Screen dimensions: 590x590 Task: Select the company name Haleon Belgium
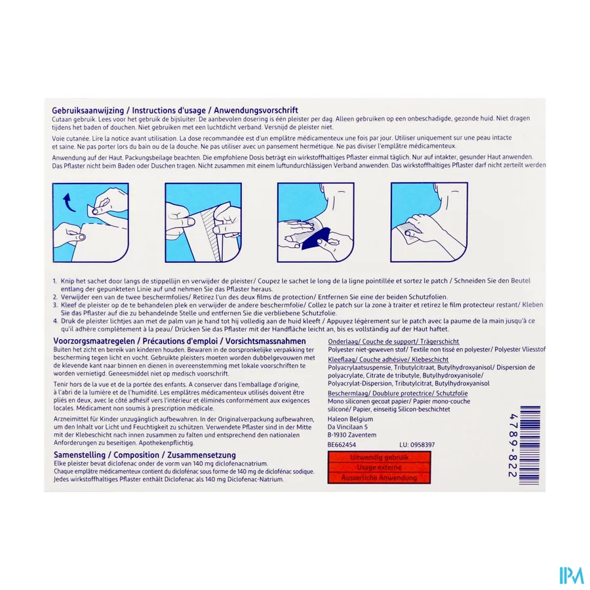(x=349, y=419)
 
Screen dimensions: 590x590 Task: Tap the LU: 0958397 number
(x=412, y=444)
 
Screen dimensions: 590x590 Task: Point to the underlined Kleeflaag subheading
(x=340, y=359)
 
